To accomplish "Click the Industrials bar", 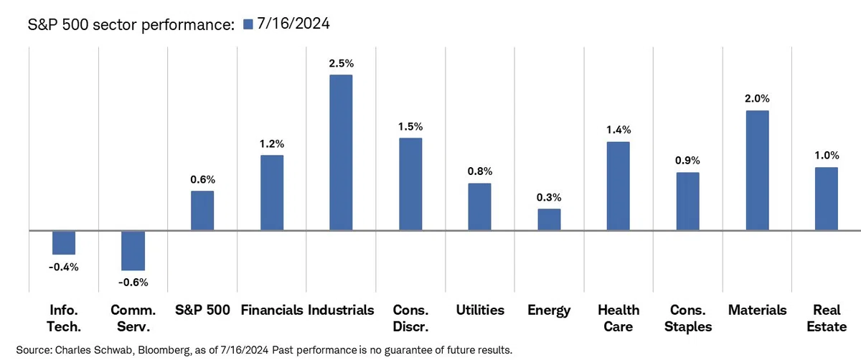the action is [x=341, y=153].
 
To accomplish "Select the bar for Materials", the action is [x=757, y=171].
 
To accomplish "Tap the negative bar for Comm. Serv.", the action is [x=133, y=250].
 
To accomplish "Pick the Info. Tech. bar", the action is [x=64, y=243].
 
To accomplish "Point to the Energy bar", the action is [x=549, y=219].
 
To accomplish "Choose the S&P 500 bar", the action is [x=202, y=211].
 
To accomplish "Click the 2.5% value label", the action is [x=341, y=63].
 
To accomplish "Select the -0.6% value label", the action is [x=133, y=283].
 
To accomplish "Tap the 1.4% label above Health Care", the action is [x=618, y=130].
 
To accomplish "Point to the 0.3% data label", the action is [x=549, y=197].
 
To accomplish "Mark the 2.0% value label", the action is [x=757, y=99].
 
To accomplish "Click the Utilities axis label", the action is [x=480, y=310].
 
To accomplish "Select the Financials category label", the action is [x=272, y=310].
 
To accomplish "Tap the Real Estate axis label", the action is [x=827, y=318].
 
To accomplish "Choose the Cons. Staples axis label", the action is [x=688, y=318].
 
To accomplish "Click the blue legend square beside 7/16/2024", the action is [x=248, y=24].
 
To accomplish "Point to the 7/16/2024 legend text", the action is [x=293, y=24].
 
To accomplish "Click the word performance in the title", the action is [x=187, y=25].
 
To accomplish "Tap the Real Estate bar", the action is [x=827, y=199].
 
